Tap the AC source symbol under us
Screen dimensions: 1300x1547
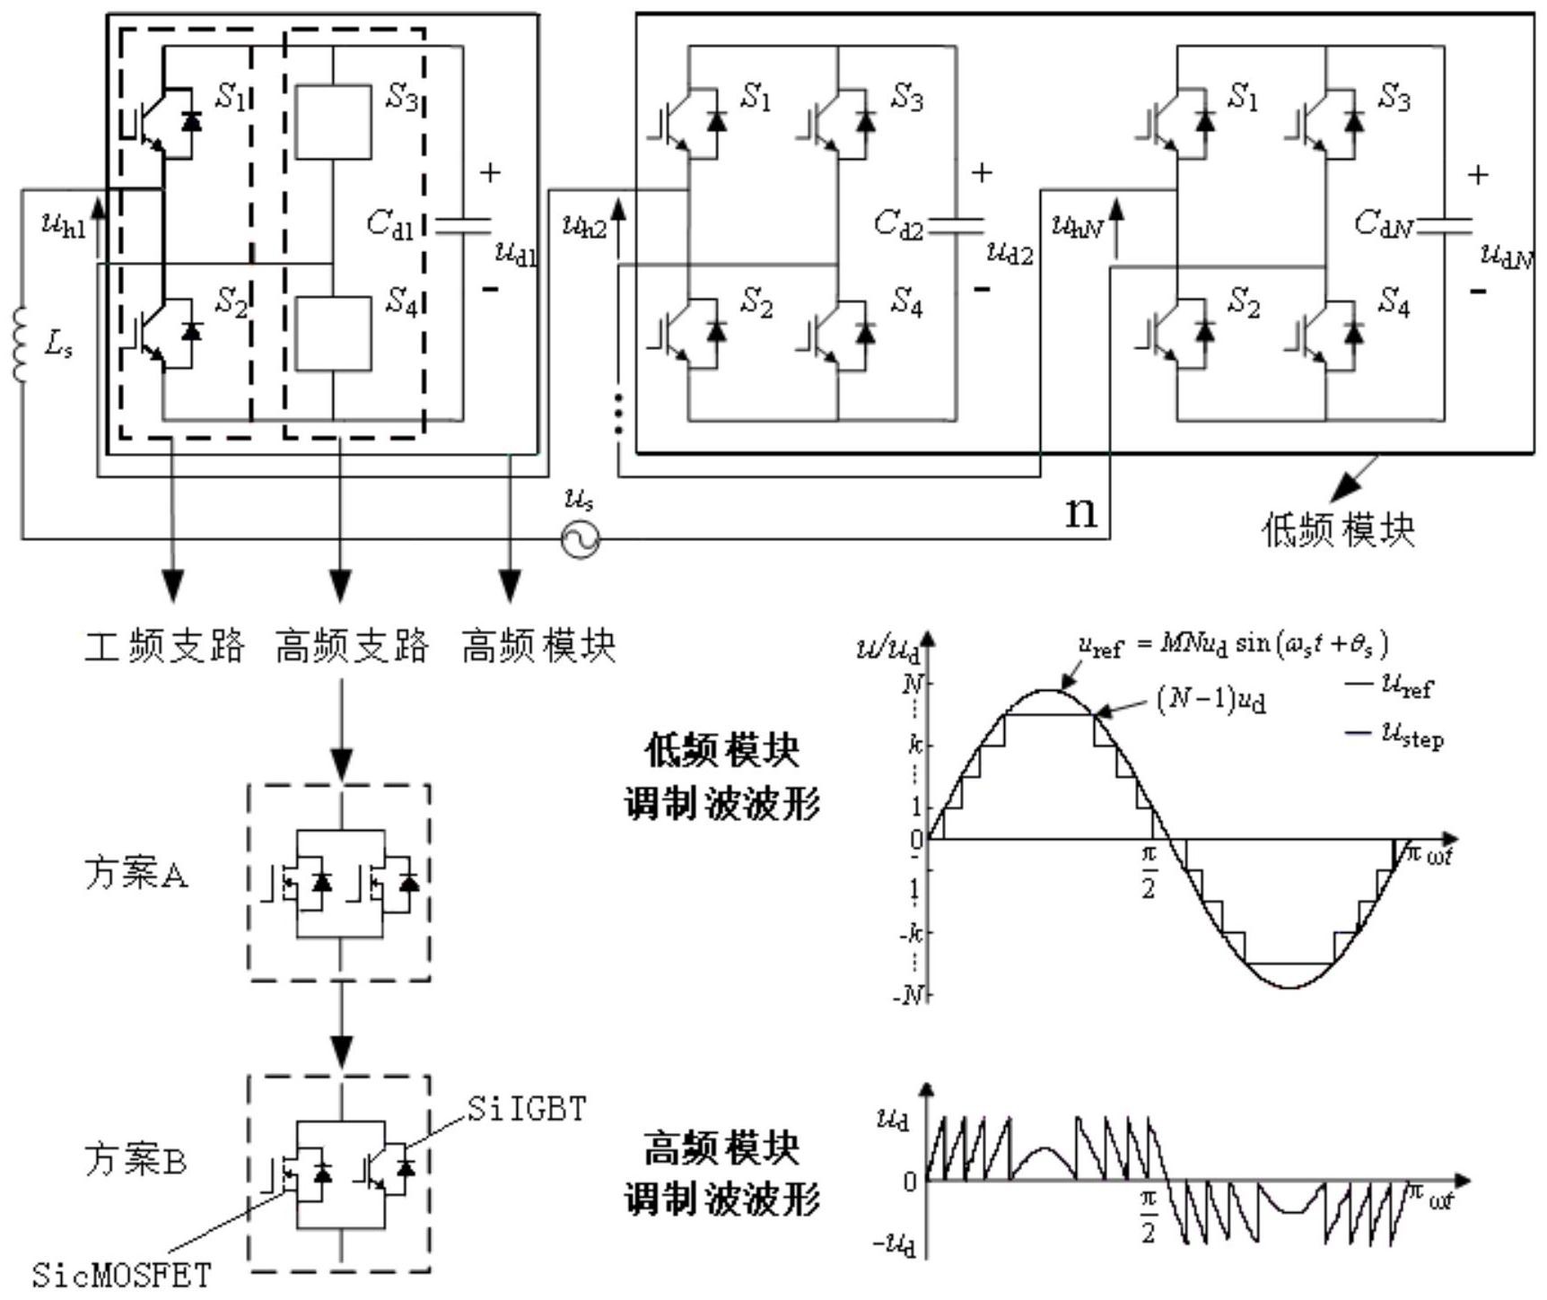point(581,539)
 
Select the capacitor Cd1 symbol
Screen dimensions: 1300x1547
point(463,225)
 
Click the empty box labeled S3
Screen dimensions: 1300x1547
point(333,123)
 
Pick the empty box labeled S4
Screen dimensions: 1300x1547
point(333,333)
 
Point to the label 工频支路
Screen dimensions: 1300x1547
point(165,646)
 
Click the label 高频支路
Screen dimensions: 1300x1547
point(352,646)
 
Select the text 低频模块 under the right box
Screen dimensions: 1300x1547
point(1337,530)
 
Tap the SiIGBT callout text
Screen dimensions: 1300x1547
point(526,1110)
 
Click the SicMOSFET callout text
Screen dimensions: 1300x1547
point(121,1275)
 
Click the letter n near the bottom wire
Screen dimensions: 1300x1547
point(1080,512)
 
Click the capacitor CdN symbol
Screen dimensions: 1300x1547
point(1444,225)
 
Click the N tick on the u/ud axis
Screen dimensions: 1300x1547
point(912,685)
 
